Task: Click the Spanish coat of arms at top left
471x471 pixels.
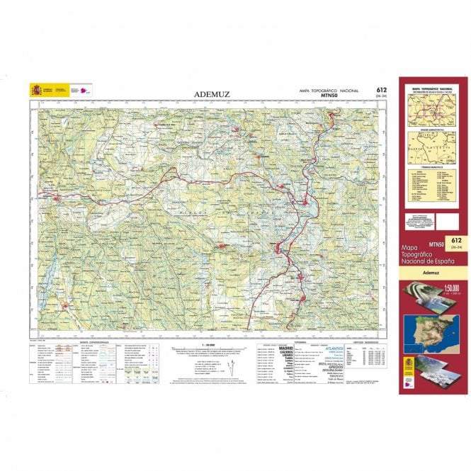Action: [35, 90]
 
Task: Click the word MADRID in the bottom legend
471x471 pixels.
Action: [286, 348]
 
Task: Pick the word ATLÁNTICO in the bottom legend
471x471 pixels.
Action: [334, 349]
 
